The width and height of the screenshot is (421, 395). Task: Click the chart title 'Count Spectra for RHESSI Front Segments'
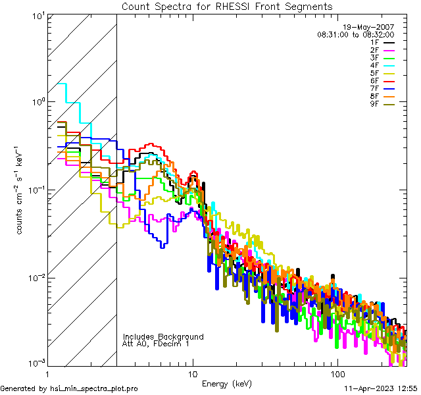tap(227, 7)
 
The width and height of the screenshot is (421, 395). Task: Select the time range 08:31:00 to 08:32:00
tap(355, 34)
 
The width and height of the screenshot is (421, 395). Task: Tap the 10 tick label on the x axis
tap(193, 373)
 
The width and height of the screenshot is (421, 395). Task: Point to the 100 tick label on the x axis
tap(337, 373)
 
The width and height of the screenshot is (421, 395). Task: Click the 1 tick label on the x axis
tap(48, 373)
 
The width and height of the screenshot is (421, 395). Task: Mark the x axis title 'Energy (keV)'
tap(227, 383)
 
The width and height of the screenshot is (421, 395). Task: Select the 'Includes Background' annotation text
tap(163, 336)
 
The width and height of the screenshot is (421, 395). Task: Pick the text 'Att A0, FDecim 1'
tap(157, 344)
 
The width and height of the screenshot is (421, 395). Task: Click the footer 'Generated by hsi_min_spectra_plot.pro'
tap(69, 388)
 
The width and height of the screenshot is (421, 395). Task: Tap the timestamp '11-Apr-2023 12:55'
tap(380, 388)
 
